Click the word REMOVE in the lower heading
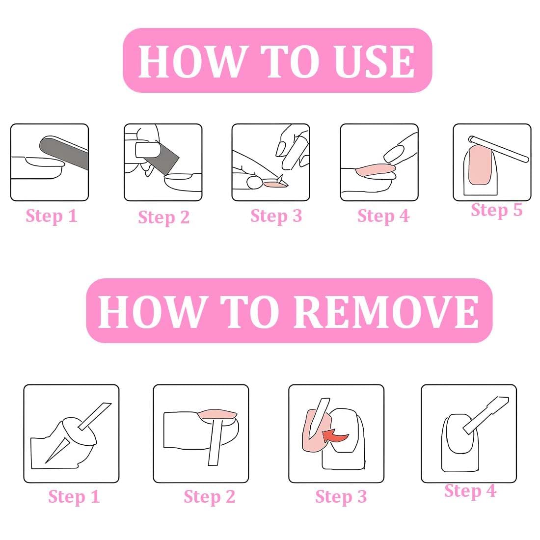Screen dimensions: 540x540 [x=386, y=312]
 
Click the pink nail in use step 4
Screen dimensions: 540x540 [x=376, y=170]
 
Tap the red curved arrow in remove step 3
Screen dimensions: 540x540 [x=335, y=435]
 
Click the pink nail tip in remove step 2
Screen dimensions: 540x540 [x=217, y=414]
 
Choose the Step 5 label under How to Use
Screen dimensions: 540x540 [x=497, y=210]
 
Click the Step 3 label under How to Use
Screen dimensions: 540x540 [x=276, y=216]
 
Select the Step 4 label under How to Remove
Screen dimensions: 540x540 [x=470, y=491]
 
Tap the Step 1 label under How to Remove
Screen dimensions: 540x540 [x=74, y=497]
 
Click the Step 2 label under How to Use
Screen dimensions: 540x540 [x=164, y=217]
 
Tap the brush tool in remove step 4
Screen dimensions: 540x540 [x=486, y=415]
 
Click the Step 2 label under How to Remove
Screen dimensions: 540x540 [x=210, y=497]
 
